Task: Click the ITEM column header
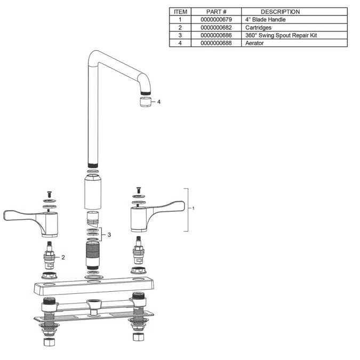pyautogui.click(x=180, y=12)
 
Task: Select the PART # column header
pyautogui.click(x=216, y=12)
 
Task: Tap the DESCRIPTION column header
pyautogui.click(x=280, y=12)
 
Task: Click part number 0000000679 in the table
pyautogui.click(x=216, y=20)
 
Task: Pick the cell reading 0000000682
pyautogui.click(x=216, y=28)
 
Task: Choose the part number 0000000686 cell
pyautogui.click(x=216, y=35)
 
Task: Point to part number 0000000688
pyautogui.click(x=216, y=43)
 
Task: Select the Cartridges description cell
pyautogui.click(x=258, y=28)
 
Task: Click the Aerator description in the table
pyautogui.click(x=254, y=43)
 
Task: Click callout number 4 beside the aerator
pyautogui.click(x=158, y=101)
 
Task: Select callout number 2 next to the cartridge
pyautogui.click(x=63, y=257)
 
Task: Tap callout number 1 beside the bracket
pyautogui.click(x=193, y=209)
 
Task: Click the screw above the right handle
pyautogui.click(x=138, y=189)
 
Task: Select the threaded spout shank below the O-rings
pyautogui.click(x=93, y=256)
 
